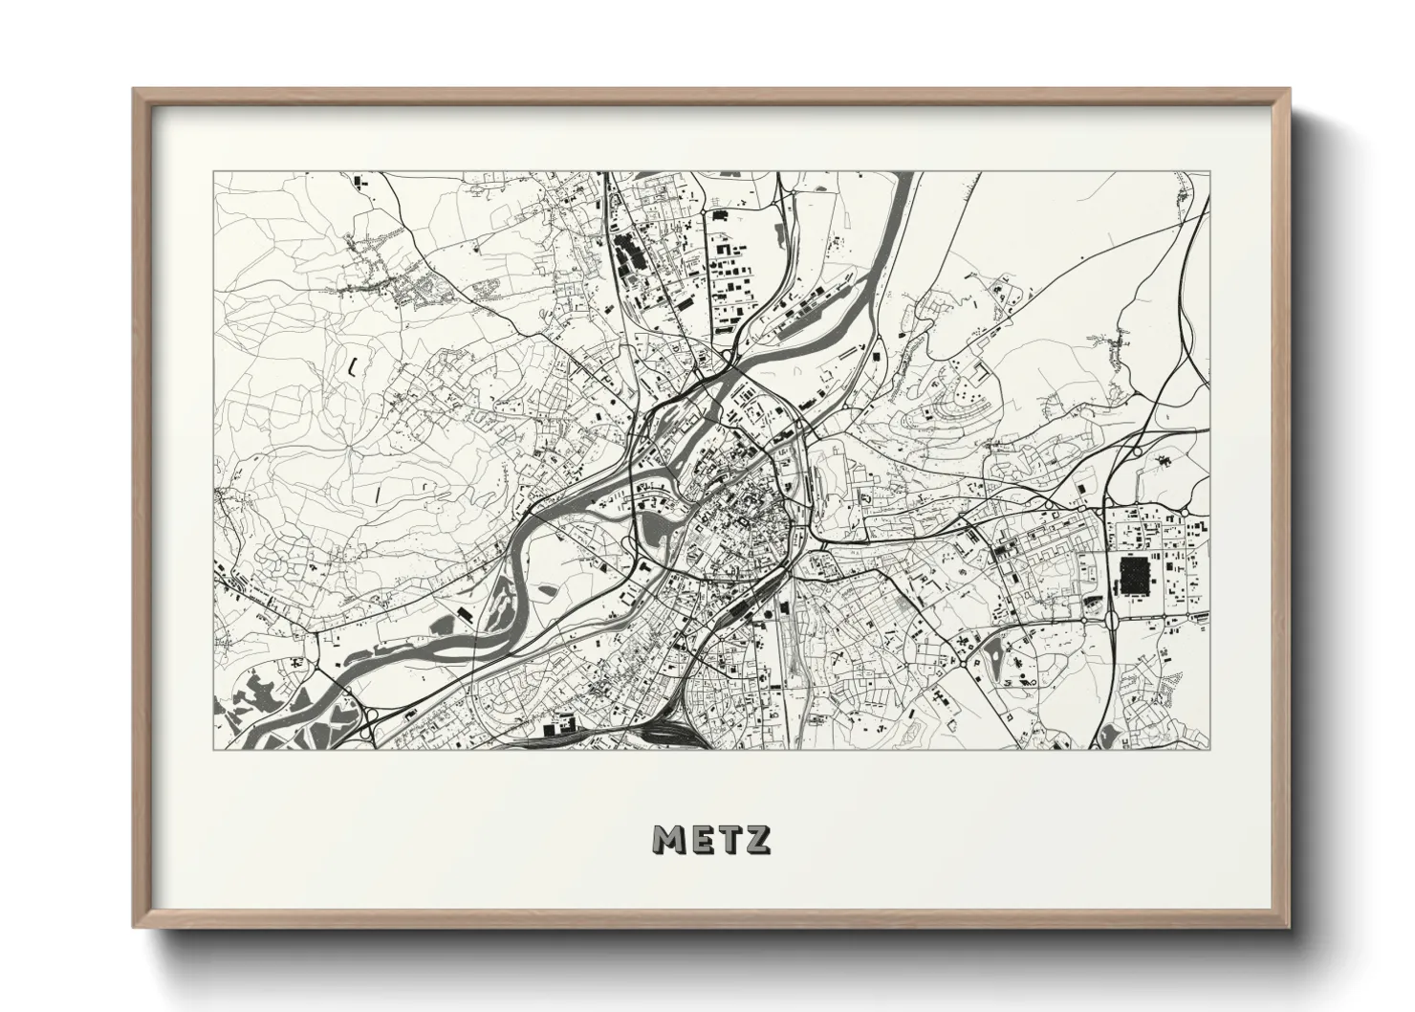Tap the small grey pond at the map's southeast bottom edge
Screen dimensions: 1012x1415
click(1108, 736)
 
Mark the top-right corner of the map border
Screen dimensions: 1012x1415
click(1208, 172)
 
